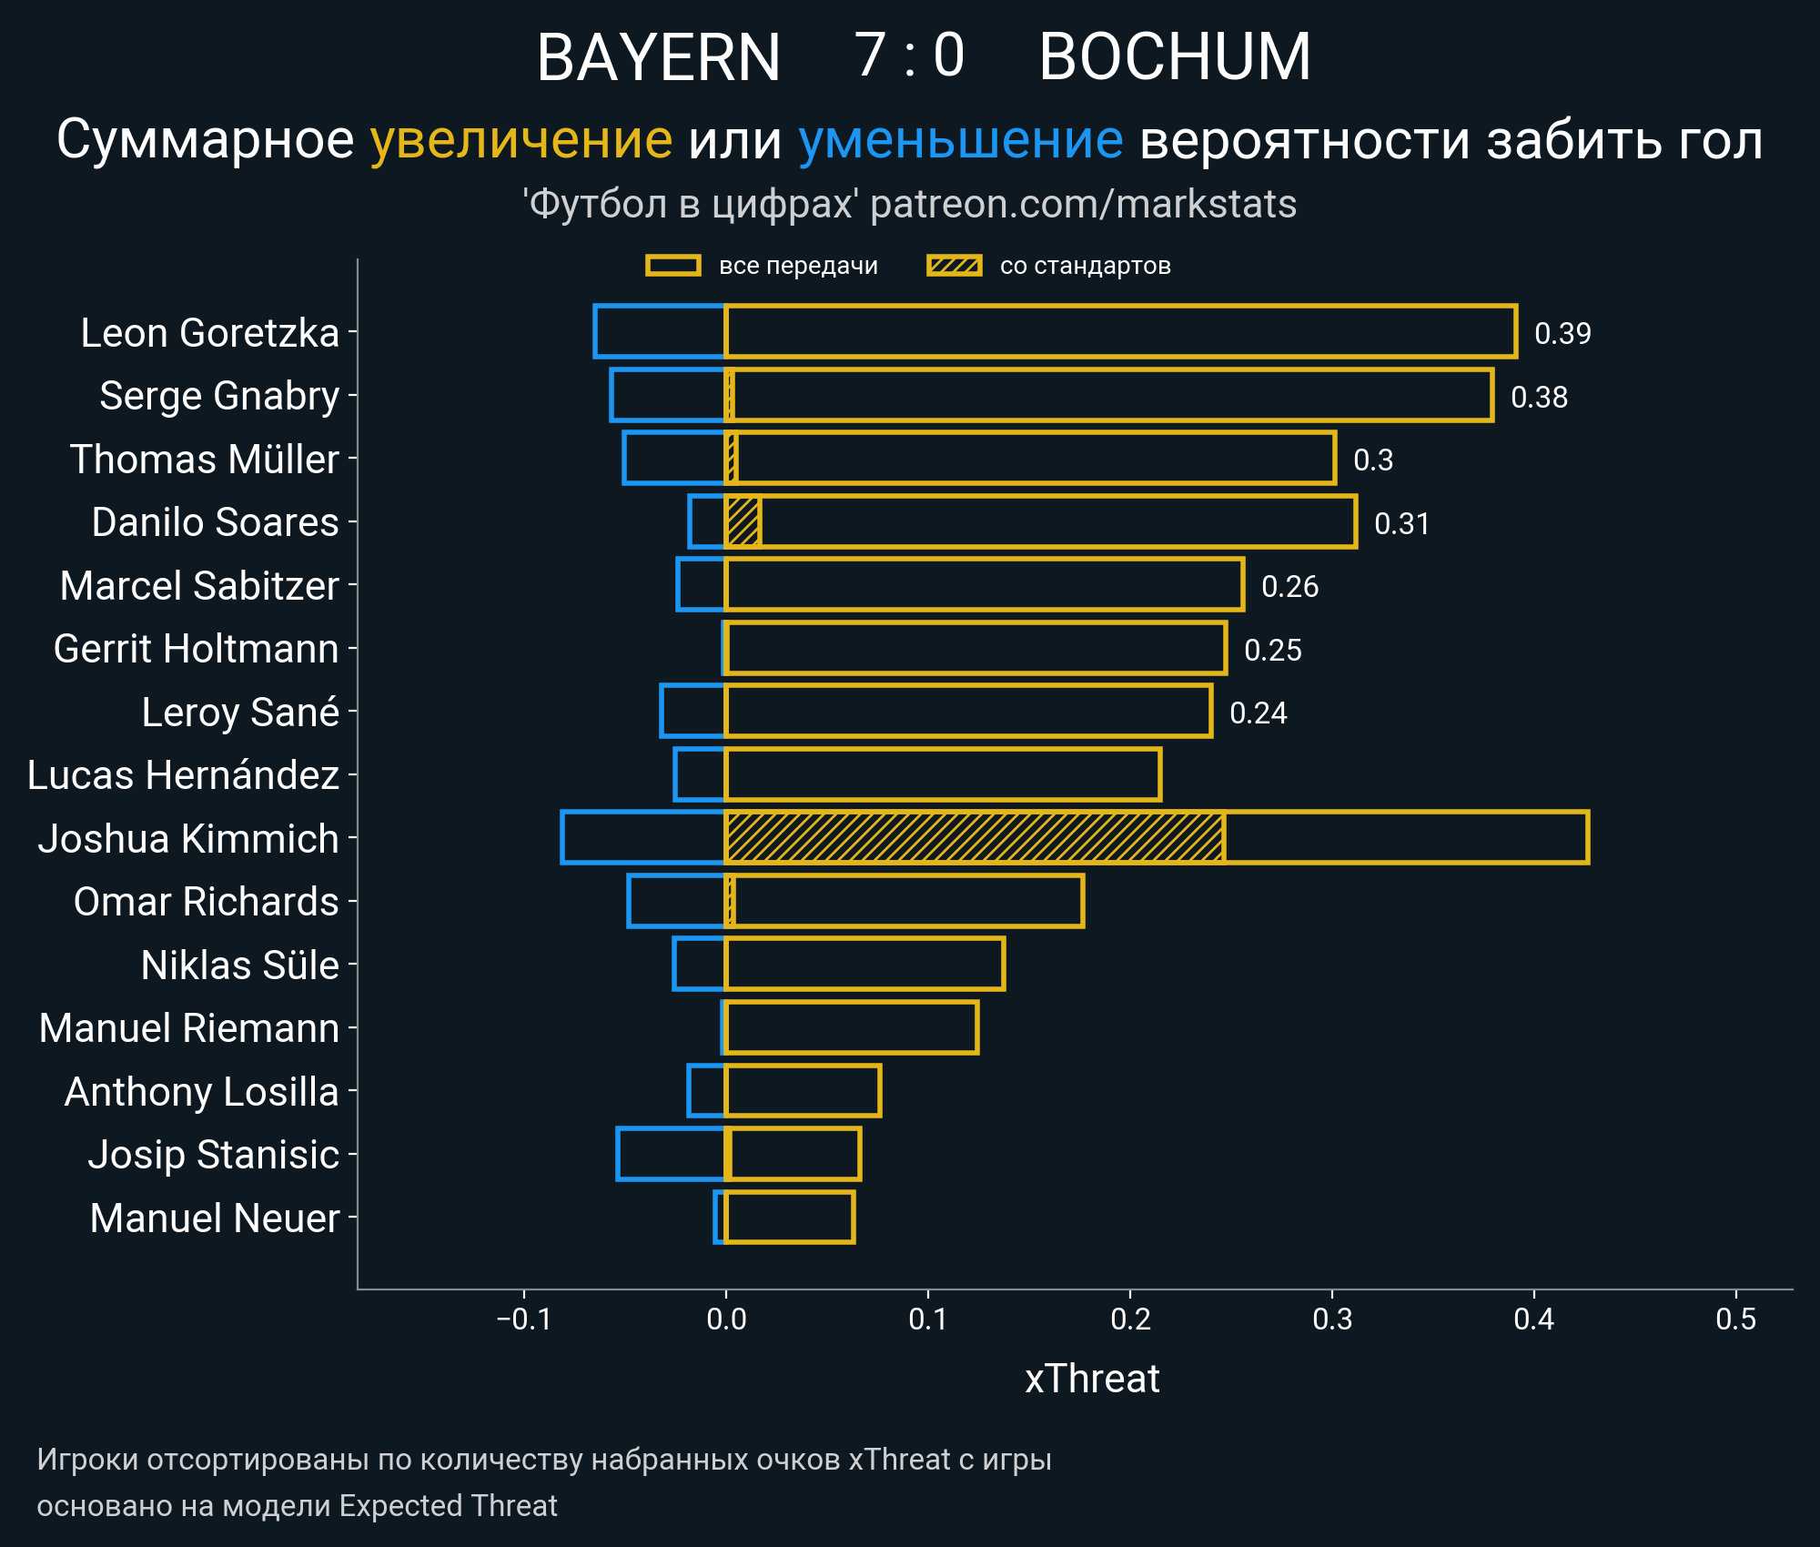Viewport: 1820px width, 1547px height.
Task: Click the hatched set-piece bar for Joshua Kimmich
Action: tap(974, 837)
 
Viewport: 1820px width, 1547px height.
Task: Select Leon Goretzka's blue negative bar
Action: tap(660, 331)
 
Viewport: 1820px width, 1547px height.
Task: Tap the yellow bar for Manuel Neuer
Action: tap(790, 1217)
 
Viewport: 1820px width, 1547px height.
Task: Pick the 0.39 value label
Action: tap(1562, 333)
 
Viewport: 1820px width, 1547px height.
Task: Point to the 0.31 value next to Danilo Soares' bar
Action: tap(1401, 523)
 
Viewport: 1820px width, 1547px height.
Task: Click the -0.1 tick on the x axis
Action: tap(524, 1319)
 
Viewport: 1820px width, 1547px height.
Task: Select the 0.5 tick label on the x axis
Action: tap(1735, 1319)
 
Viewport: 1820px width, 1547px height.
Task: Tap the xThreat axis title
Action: tap(1092, 1379)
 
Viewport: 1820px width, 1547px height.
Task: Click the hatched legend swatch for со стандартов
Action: tap(954, 266)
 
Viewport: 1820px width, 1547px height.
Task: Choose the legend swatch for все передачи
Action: tap(672, 266)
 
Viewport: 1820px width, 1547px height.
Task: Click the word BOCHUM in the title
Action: tap(1175, 56)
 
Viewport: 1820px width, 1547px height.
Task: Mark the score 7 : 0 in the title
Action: tap(909, 56)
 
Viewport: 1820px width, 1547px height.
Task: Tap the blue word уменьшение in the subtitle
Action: tap(961, 140)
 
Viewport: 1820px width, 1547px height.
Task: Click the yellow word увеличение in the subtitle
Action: tap(521, 140)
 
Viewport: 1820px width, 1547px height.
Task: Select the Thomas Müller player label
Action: tap(205, 459)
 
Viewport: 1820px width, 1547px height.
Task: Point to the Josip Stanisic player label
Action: tap(214, 1154)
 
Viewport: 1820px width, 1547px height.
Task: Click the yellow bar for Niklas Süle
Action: tap(864, 964)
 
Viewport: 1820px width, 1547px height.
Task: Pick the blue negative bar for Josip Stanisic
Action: tap(671, 1153)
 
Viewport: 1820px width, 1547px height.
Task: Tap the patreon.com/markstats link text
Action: tap(1083, 204)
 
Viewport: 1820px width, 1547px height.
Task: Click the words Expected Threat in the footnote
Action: tap(448, 1506)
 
